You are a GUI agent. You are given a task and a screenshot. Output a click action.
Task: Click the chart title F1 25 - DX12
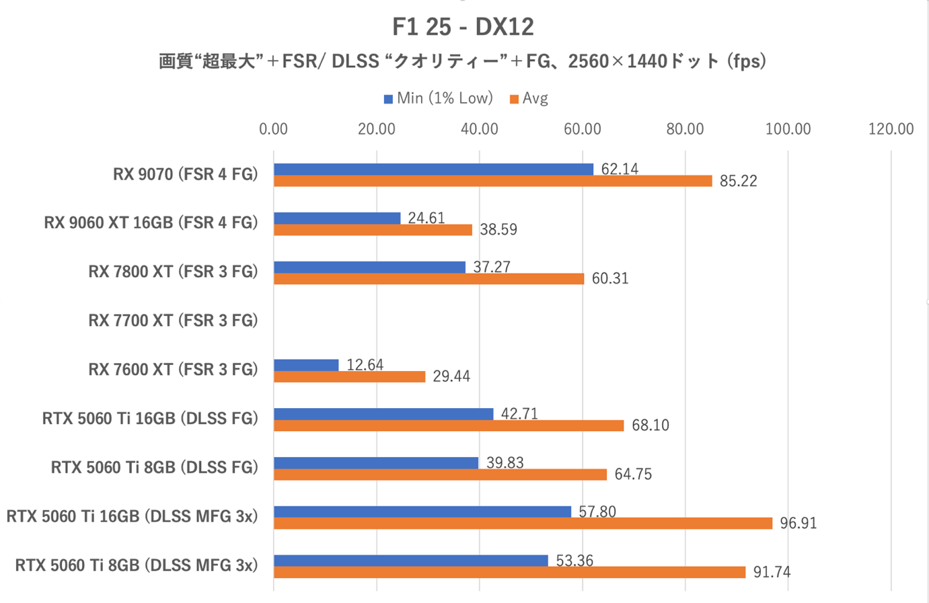463,27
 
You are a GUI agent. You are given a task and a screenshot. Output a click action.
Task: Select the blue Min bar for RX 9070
433,169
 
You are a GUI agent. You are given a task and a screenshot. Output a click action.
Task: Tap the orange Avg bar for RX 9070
492,181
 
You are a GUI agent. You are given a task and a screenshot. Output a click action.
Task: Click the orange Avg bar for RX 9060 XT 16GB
373,230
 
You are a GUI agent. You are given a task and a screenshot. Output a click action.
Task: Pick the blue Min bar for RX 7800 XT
369,268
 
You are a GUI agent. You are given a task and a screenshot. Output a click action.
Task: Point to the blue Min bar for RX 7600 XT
306,365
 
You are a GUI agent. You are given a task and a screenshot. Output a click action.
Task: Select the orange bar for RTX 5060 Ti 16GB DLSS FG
449,426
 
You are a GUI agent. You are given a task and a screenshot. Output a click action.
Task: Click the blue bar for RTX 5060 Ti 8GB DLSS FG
376,463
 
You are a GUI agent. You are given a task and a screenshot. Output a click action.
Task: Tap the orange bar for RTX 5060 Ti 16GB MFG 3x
523,523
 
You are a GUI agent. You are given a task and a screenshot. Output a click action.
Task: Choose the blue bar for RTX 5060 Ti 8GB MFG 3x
411,561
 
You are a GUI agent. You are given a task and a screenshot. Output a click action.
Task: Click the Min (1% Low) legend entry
439,99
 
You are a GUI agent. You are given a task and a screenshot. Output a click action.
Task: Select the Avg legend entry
529,99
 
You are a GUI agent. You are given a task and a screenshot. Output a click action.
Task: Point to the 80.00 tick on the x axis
685,129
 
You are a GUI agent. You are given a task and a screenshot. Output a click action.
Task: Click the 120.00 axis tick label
891,129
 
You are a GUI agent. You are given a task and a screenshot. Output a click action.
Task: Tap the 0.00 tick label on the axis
273,129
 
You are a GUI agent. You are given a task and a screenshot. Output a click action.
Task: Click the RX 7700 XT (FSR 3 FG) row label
173,321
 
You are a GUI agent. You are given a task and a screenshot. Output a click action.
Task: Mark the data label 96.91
798,523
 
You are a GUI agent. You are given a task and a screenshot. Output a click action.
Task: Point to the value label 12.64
365,365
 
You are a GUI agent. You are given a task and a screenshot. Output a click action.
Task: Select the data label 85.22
738,181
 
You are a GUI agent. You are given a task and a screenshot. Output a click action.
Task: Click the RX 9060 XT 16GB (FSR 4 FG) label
151,223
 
